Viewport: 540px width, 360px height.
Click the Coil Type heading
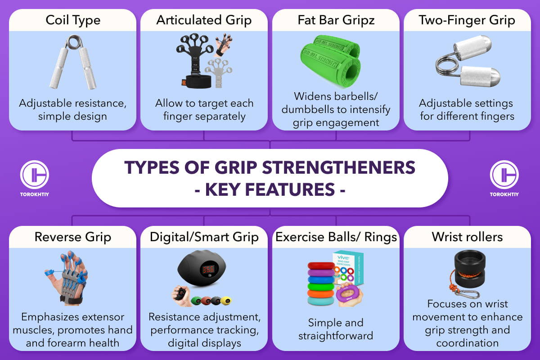(72, 20)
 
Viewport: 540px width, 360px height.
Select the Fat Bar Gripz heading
(336, 20)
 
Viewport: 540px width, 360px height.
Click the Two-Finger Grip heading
(467, 20)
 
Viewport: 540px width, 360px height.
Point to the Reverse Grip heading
(72, 237)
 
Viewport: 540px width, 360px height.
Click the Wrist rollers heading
(467, 237)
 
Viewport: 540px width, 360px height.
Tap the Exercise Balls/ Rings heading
(336, 237)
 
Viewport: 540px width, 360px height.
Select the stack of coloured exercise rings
(321, 283)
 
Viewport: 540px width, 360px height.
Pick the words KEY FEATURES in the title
(270, 189)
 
